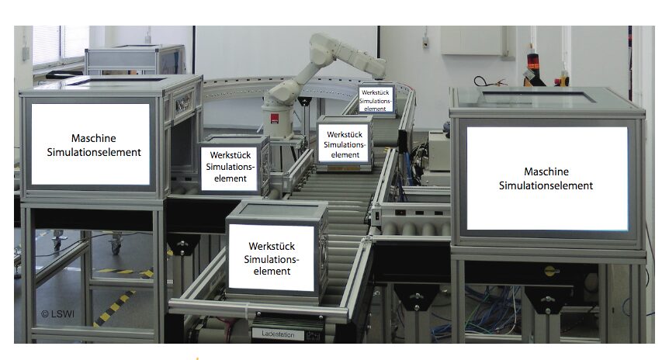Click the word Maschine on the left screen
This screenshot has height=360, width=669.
coord(93,138)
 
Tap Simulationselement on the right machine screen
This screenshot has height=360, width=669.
coord(546,185)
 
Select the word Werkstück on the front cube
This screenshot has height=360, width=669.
coord(272,247)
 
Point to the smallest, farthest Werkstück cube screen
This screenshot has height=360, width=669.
coord(375,100)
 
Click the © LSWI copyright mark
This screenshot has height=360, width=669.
coord(57,314)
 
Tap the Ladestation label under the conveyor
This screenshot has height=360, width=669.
coord(278,334)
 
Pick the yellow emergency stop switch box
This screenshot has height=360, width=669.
coord(564,80)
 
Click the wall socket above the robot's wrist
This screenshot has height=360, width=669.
coord(425,42)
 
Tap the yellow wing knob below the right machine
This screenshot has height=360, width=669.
coord(551,269)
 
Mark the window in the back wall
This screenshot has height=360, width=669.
coord(61,46)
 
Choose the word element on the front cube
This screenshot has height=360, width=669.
coord(272,272)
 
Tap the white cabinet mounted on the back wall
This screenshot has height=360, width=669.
coord(471,40)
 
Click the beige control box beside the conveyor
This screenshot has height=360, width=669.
coord(438,151)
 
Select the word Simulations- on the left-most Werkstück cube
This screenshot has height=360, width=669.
coord(230,167)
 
